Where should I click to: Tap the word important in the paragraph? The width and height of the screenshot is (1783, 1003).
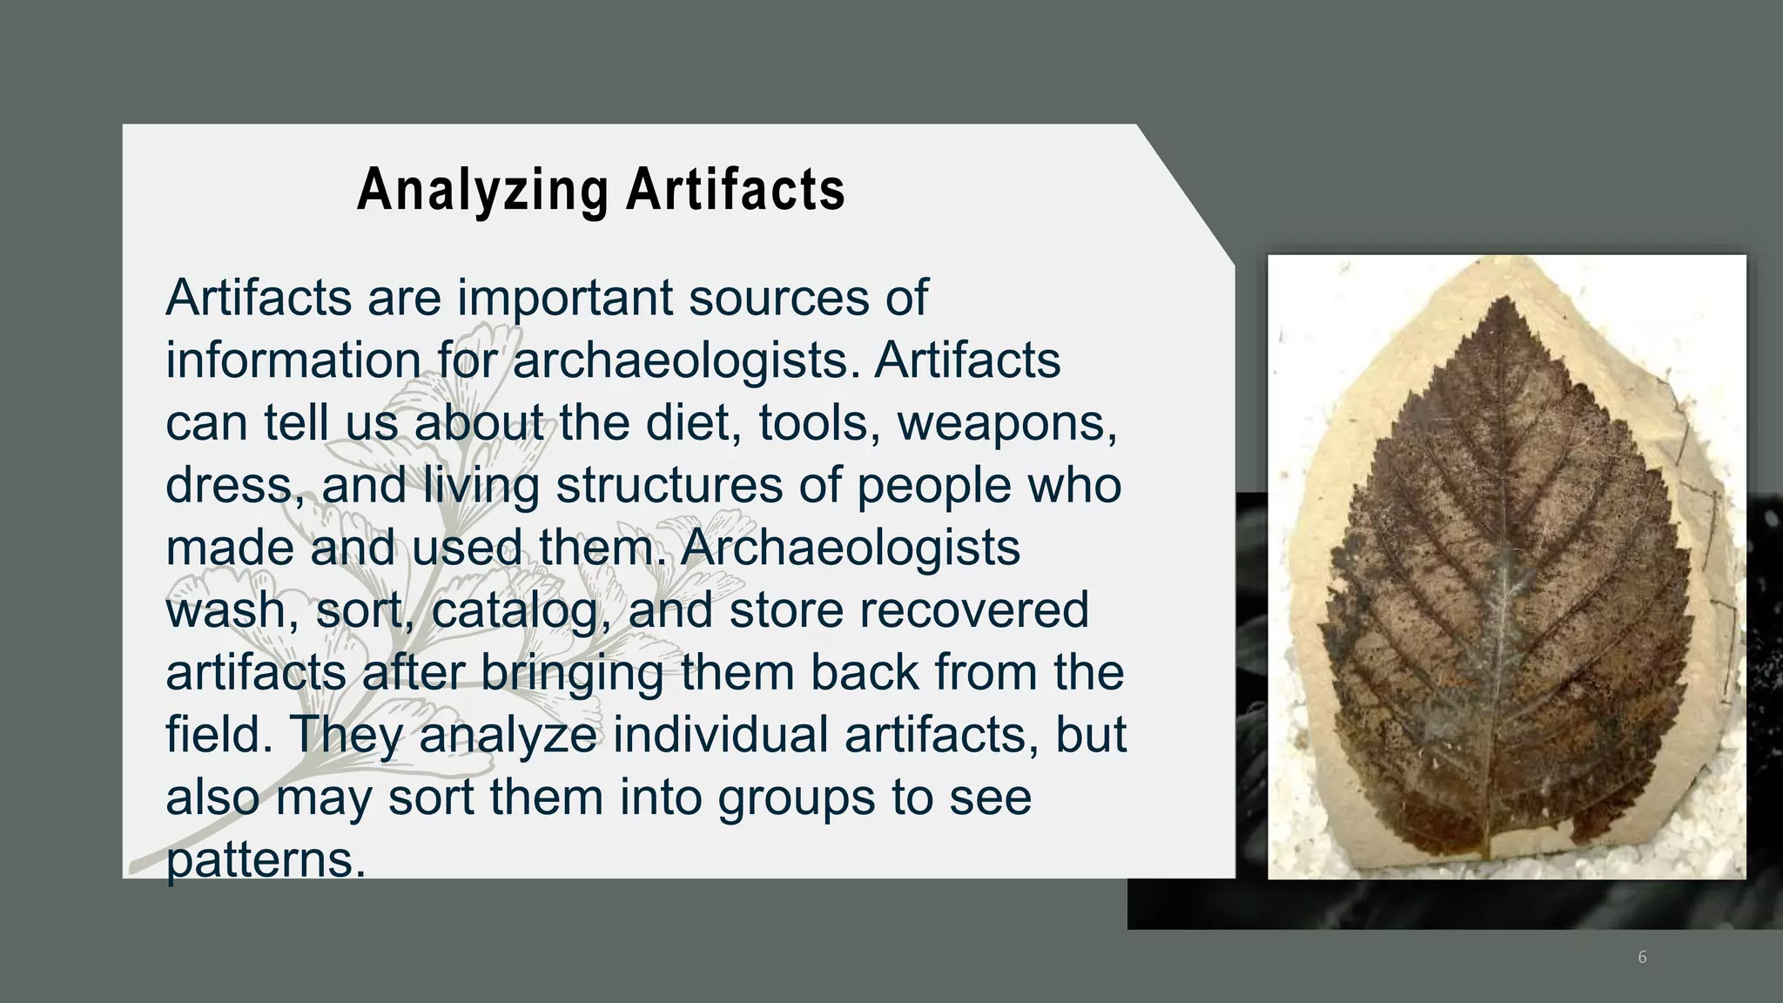tap(565, 299)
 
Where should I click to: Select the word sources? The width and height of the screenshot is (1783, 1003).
tap(778, 299)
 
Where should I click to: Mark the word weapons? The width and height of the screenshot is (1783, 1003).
tap(1006, 424)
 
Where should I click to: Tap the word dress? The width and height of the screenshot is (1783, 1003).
tap(228, 486)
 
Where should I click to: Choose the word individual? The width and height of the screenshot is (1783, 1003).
tap(722, 735)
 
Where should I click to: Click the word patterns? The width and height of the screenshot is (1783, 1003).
tap(260, 860)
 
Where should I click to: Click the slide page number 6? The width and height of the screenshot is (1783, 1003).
tap(1642, 958)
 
